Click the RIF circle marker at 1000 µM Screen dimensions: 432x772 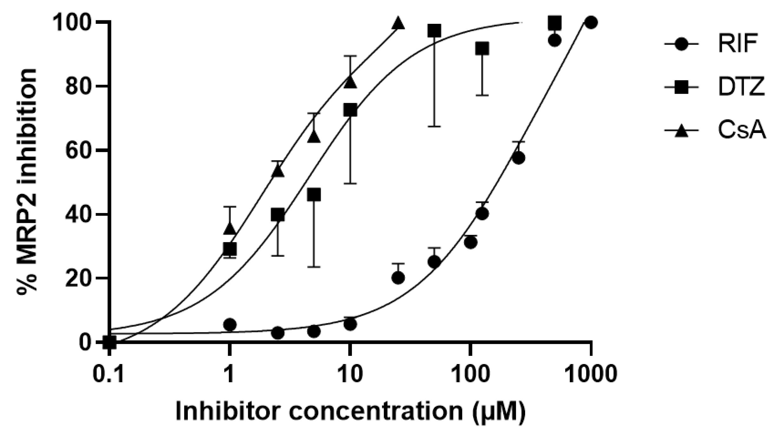pos(591,23)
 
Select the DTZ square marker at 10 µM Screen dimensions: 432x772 pos(350,110)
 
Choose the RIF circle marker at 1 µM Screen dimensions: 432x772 pos(230,324)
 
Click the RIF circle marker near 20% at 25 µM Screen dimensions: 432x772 pos(398,278)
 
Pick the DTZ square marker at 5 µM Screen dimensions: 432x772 pos(314,195)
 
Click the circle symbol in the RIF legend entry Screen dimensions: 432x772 pos(681,44)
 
